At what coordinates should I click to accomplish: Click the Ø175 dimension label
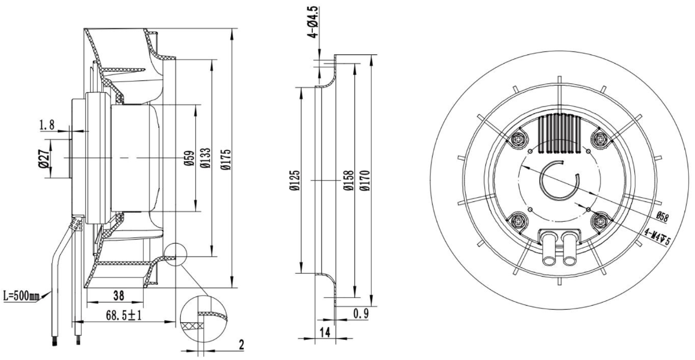[226, 159]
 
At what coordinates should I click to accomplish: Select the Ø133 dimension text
[206, 158]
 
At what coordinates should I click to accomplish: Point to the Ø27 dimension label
[44, 159]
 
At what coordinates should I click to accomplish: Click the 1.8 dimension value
[47, 125]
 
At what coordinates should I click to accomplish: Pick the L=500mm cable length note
[21, 296]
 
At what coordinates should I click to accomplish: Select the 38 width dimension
[119, 296]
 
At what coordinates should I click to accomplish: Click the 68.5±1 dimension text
[124, 315]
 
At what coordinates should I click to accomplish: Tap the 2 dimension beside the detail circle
[242, 344]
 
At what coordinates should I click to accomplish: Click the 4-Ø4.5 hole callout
[314, 22]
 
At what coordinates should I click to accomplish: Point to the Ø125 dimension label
[295, 180]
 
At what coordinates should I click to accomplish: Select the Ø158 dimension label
[349, 181]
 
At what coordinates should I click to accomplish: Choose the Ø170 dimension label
[365, 181]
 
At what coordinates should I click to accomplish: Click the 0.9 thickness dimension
[361, 314]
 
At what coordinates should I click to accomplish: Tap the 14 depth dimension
[325, 333]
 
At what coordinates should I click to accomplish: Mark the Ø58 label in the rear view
[662, 216]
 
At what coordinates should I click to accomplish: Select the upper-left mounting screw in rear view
[518, 139]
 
